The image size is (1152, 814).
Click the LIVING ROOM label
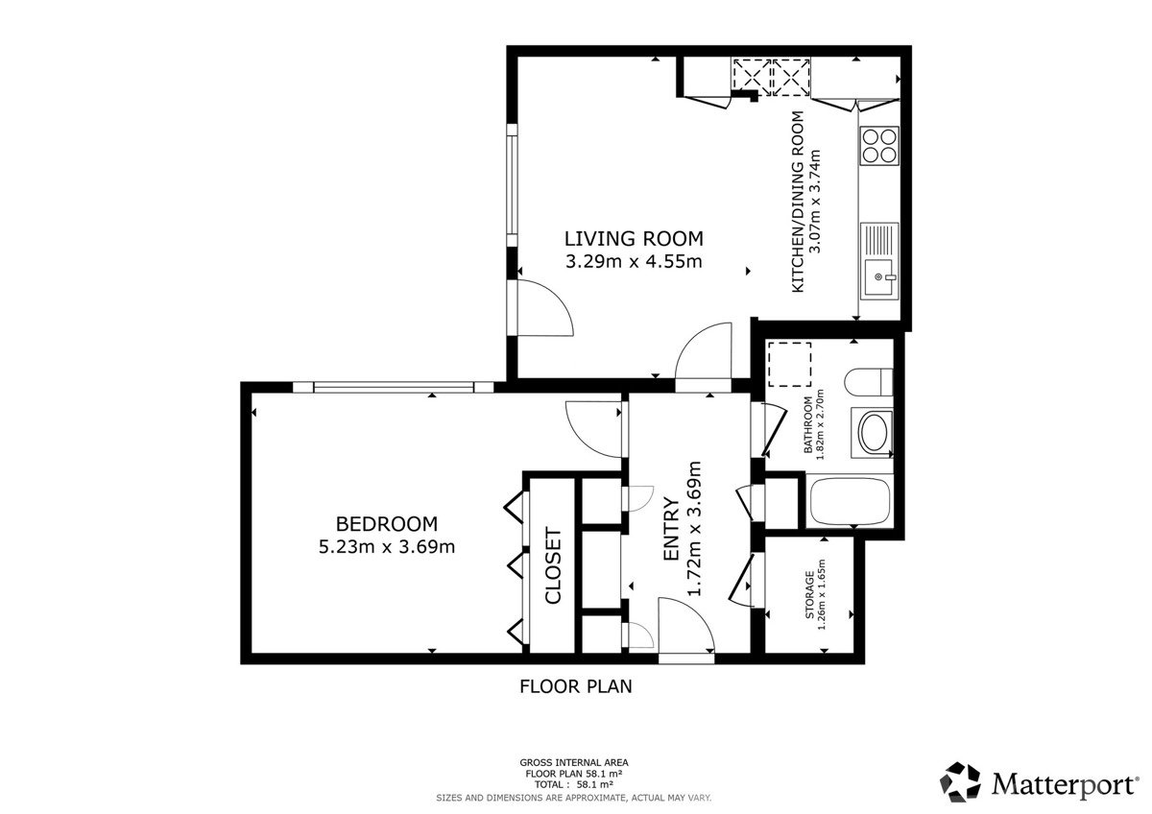634,239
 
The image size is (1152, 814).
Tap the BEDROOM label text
387,524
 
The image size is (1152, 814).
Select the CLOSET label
553,565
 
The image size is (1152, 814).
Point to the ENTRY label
672,529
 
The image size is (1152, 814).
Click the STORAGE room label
809,594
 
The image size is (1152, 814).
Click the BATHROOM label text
808,424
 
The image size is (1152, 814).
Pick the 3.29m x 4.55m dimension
634,261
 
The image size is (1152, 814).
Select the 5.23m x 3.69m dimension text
387,546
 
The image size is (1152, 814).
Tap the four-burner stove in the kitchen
879,146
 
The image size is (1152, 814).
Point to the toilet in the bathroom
869,381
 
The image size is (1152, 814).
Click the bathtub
850,502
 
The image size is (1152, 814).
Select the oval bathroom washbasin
874,433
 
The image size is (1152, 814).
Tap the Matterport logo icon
960,782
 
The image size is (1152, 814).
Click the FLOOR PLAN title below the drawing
575,686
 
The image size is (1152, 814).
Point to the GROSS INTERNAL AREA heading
574,762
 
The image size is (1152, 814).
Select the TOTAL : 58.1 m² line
574,784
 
